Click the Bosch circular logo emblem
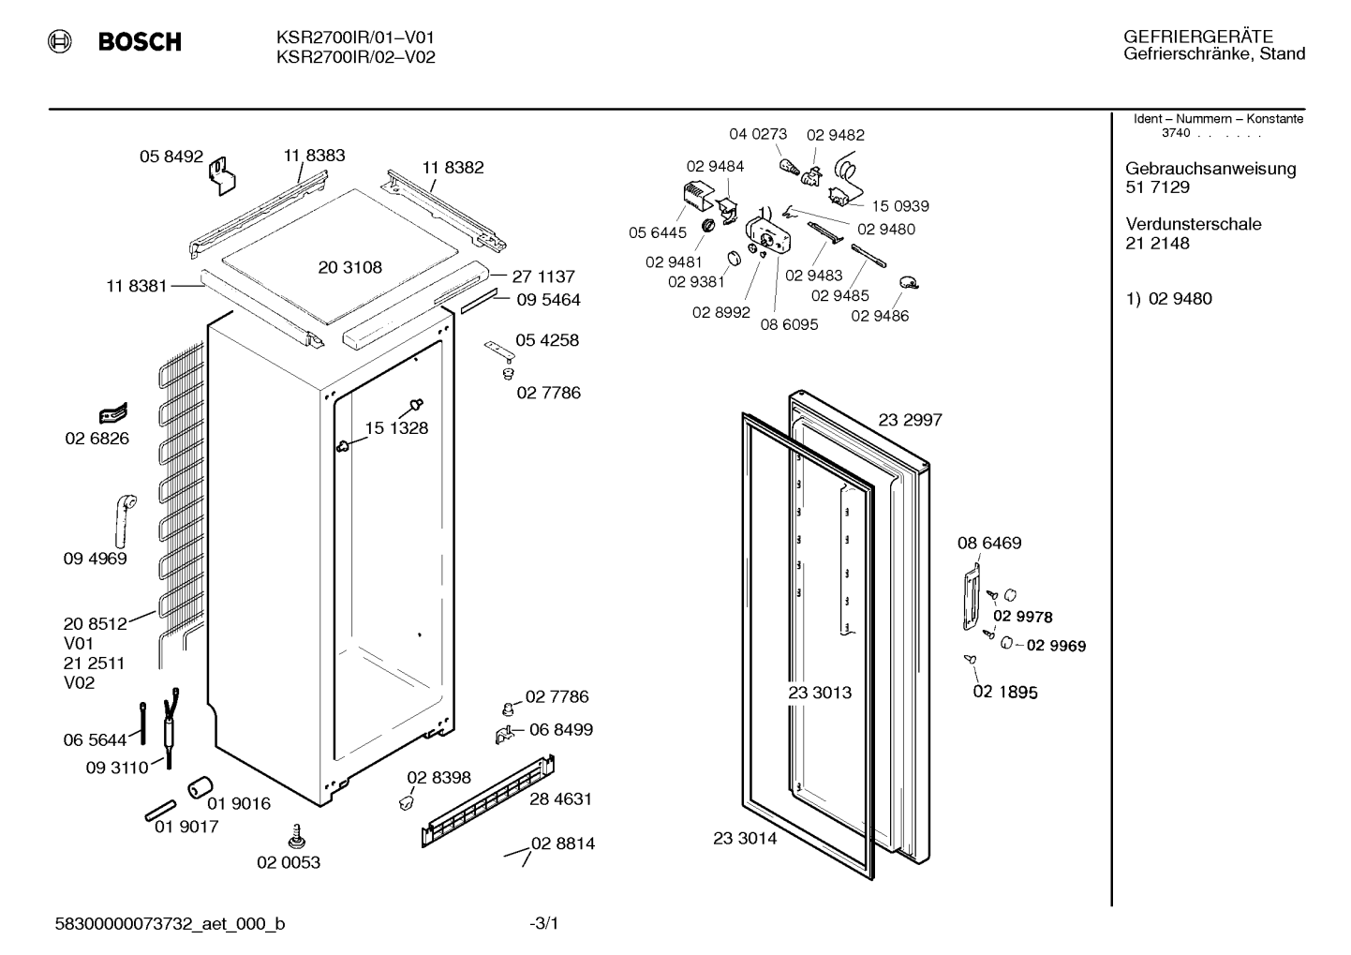(x=60, y=41)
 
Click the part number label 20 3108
(x=349, y=267)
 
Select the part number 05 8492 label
(x=171, y=157)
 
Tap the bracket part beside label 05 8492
(x=222, y=175)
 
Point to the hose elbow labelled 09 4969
(x=125, y=520)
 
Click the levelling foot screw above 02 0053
(x=296, y=837)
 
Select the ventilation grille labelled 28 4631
(x=488, y=801)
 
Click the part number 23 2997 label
(x=910, y=420)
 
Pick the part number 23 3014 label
(x=745, y=839)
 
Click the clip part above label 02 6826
(x=113, y=414)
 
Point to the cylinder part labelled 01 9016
(x=200, y=786)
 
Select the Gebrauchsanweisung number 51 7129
(x=1157, y=187)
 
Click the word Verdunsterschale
(x=1193, y=224)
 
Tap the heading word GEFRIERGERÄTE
(x=1197, y=37)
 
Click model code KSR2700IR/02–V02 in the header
(x=355, y=57)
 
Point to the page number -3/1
(x=543, y=923)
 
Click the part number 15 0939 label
(x=899, y=206)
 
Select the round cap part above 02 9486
(x=908, y=282)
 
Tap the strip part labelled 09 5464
(x=479, y=301)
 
